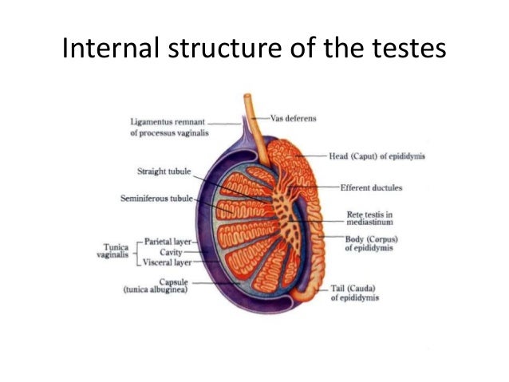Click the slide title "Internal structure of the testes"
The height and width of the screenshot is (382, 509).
[x=254, y=49]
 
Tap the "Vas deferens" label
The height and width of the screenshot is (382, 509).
[x=293, y=118]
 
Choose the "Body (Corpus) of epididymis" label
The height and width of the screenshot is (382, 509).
[x=371, y=243]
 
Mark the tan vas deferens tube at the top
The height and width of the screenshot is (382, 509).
[x=248, y=112]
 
